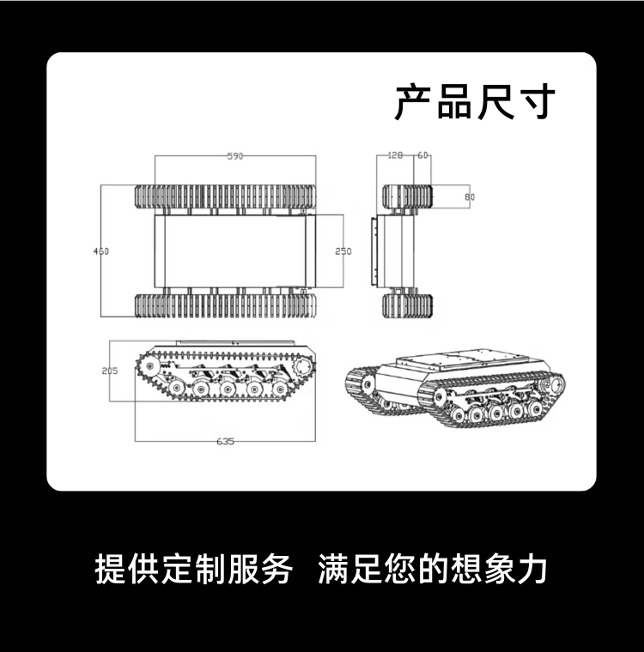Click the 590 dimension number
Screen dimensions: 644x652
point(235,156)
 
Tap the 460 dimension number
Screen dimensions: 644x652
point(100,251)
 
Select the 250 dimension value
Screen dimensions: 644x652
point(343,251)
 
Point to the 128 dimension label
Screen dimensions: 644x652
point(395,155)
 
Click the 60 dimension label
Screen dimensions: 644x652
point(423,155)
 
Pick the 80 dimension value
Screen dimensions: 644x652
point(469,197)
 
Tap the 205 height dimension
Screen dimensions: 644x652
point(109,371)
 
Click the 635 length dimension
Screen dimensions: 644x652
point(225,442)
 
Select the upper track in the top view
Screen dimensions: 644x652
point(225,196)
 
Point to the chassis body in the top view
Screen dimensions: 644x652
point(230,251)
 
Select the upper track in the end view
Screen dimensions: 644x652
point(406,196)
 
